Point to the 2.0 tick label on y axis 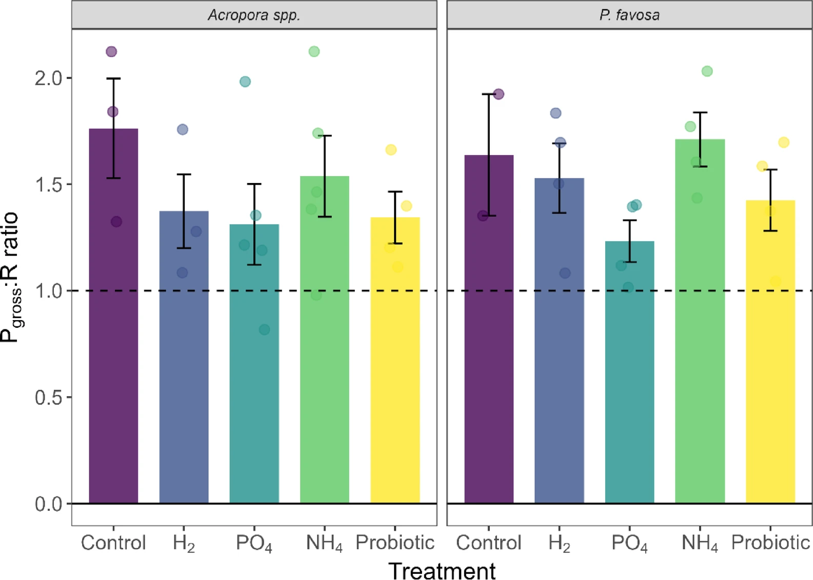[48, 78]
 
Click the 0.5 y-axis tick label [48, 398]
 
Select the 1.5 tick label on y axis [48, 185]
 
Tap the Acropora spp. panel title [254, 15]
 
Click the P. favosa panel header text [629, 15]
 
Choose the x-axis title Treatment [442, 570]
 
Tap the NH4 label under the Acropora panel [324, 543]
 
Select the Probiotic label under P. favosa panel [770, 543]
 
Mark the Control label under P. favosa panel [488, 543]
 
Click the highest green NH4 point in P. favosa [707, 71]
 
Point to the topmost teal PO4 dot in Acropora [245, 81]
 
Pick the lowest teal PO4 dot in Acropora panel [264, 329]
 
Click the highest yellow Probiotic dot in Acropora [391, 150]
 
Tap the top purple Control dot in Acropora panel [111, 51]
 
